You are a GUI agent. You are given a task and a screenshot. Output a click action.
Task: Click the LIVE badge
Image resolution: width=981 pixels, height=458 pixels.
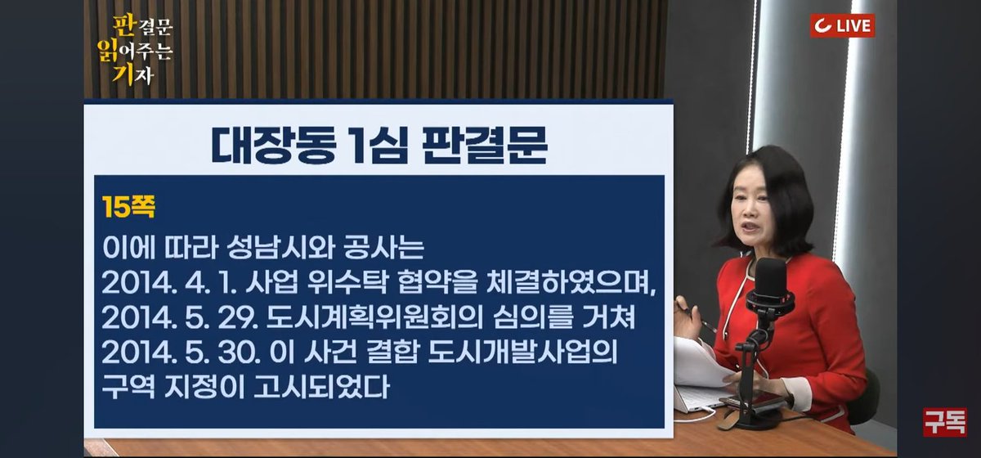(842, 25)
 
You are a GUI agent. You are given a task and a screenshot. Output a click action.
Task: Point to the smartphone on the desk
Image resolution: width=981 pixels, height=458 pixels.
(752, 401)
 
